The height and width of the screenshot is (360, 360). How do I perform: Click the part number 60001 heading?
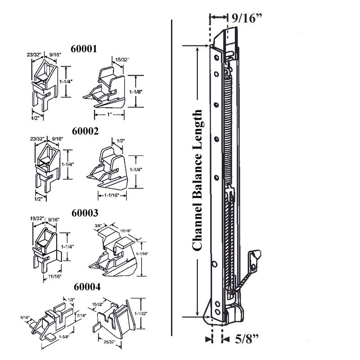85,48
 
